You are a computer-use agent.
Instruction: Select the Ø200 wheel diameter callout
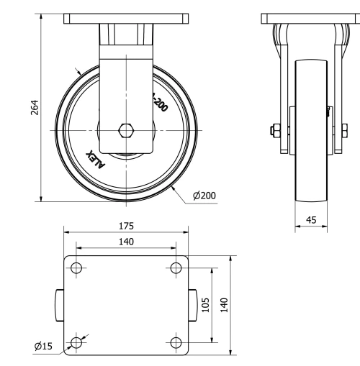(x=204, y=195)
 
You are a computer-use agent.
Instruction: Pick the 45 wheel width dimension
(x=312, y=220)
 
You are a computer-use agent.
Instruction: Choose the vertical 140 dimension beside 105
(x=223, y=305)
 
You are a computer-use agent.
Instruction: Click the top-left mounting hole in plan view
(x=76, y=268)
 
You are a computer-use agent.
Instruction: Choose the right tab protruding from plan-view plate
(x=194, y=305)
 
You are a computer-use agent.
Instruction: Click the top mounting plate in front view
(x=127, y=19)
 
